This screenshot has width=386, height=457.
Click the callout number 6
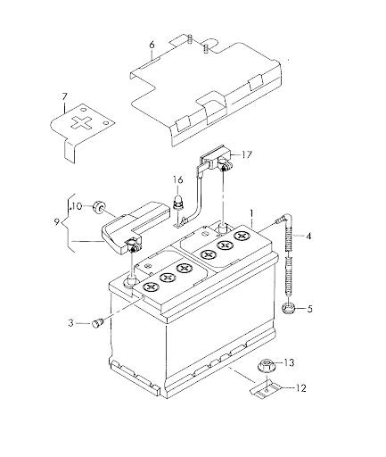pyautogui.click(x=152, y=46)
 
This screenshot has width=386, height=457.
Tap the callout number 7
pyautogui.click(x=65, y=96)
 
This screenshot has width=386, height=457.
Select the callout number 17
pyautogui.click(x=247, y=154)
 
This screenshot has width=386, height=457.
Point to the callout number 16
pyautogui.click(x=178, y=180)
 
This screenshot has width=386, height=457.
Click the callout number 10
pyautogui.click(x=77, y=206)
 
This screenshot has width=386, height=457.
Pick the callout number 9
pyautogui.click(x=58, y=222)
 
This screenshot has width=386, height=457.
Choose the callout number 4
pyautogui.click(x=308, y=237)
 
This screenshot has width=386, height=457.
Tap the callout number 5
pyautogui.click(x=310, y=309)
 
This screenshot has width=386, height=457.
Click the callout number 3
pyautogui.click(x=70, y=323)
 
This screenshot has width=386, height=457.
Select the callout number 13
pyautogui.click(x=289, y=362)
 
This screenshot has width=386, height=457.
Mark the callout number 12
pyautogui.click(x=301, y=388)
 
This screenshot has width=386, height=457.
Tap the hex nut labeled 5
pyautogui.click(x=288, y=308)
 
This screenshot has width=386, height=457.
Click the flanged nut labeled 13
pyautogui.click(x=266, y=366)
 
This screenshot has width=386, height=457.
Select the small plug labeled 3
pyautogui.click(x=97, y=323)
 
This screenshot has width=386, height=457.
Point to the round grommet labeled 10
pyautogui.click(x=98, y=206)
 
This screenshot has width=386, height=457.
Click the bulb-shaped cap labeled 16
pyautogui.click(x=177, y=203)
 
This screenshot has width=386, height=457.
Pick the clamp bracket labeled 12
pyautogui.click(x=267, y=389)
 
